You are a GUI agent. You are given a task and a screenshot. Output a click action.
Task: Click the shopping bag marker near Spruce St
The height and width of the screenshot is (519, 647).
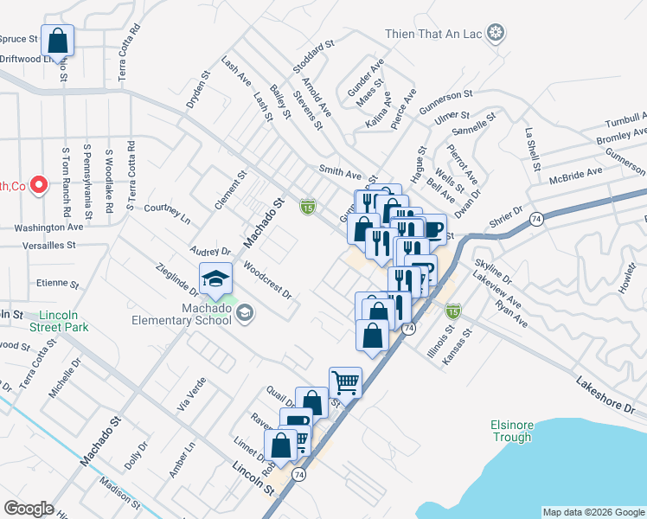[x=57, y=40]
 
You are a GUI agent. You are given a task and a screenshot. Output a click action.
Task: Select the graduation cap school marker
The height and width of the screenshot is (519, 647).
[x=215, y=279]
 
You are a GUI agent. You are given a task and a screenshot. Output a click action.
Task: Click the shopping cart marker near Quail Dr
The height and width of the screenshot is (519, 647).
[x=344, y=381]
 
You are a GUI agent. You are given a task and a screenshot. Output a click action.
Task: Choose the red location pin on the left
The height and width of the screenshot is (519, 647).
[x=38, y=184]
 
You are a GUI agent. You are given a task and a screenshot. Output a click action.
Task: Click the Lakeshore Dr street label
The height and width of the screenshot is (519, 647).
[x=606, y=389]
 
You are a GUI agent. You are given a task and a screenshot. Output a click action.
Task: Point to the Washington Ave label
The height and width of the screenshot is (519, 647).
[x=48, y=227]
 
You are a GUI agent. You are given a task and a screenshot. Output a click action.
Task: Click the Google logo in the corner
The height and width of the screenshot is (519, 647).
[x=29, y=509]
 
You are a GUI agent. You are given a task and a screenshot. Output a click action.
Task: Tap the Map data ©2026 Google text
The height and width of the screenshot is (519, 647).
[x=593, y=512]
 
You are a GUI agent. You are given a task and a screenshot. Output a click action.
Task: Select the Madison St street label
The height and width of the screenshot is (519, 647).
[x=119, y=495]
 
